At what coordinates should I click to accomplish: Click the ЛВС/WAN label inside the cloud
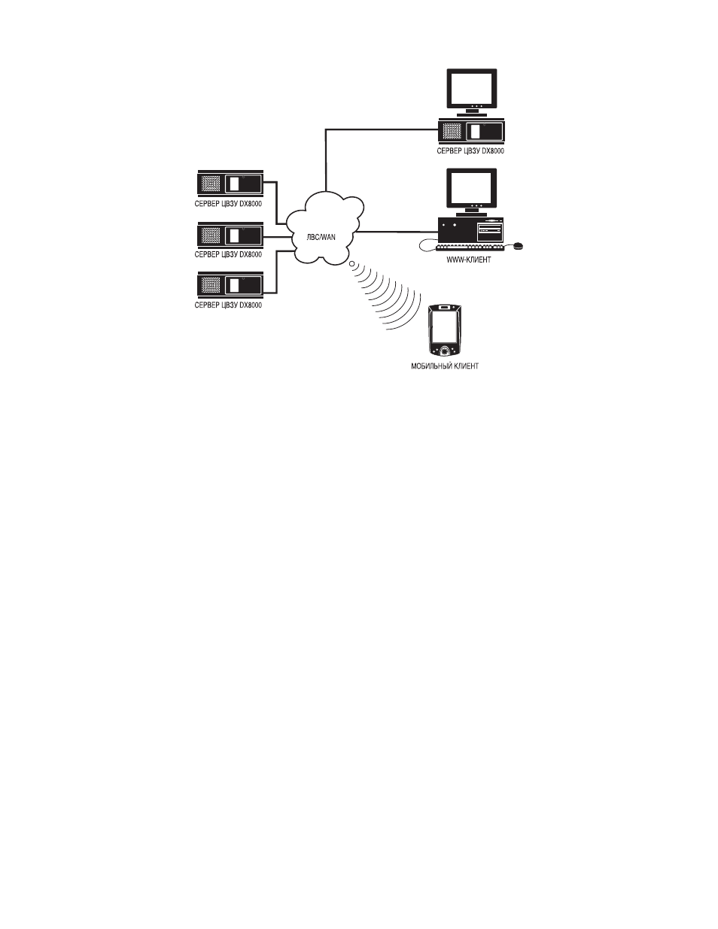pos(321,237)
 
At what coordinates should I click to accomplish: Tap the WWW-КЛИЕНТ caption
pos(469,260)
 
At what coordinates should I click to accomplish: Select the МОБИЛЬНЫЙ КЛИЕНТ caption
pos(445,366)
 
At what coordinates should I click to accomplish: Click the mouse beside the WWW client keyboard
pos(518,245)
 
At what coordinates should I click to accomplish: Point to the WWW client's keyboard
pos(470,247)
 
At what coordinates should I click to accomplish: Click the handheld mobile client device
pos(445,329)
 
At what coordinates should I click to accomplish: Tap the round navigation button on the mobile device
pos(446,351)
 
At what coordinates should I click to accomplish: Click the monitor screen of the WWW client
pos(472,188)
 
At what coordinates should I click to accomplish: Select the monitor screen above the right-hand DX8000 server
pos(472,89)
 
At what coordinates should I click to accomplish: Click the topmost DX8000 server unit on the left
pos(230,184)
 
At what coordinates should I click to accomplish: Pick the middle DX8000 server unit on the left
pos(230,235)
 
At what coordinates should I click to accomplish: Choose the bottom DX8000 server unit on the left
pos(230,285)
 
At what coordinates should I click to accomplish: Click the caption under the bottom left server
pos(228,305)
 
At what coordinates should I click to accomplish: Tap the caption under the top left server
pos(228,204)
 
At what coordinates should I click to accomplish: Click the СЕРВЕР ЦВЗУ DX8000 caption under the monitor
pos(470,151)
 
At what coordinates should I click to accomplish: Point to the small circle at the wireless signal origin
pos(352,264)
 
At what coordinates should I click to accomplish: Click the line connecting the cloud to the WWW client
pos(397,232)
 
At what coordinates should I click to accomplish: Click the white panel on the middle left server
pos(234,235)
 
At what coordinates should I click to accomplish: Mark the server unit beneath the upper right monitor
pos(471,131)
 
